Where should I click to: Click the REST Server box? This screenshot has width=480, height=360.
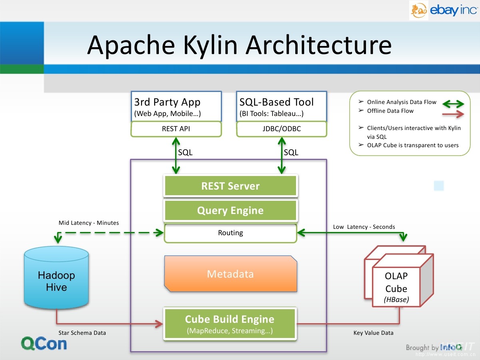[230, 186]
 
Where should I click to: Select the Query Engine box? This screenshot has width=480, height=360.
[230, 210]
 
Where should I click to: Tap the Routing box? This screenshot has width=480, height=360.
[230, 233]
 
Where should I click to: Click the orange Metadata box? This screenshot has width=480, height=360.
[230, 274]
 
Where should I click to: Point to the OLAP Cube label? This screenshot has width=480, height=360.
[396, 282]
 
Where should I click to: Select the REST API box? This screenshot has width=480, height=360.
[176, 129]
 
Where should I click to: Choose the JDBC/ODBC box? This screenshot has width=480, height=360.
[282, 129]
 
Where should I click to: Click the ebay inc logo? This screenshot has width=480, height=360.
[443, 10]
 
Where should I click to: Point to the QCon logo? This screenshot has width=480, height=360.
[44, 344]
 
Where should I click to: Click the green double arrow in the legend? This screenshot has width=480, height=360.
[453, 104]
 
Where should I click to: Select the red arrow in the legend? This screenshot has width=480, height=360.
[453, 114]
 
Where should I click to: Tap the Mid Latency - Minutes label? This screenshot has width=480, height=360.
[89, 223]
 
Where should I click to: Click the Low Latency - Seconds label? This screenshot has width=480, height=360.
[364, 227]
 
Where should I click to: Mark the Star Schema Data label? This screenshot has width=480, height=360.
[82, 333]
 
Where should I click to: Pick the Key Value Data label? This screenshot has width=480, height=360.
[373, 333]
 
